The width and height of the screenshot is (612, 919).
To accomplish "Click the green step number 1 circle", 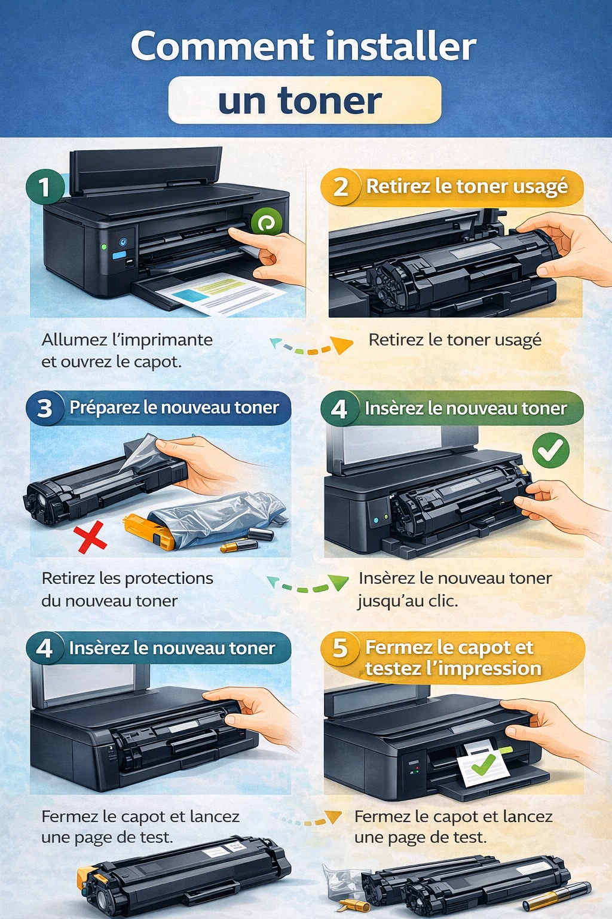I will pyautogui.click(x=44, y=187).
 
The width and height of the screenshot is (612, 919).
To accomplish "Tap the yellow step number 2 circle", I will pyautogui.click(x=341, y=187).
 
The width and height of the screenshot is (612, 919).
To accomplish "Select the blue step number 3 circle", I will pyautogui.click(x=45, y=409).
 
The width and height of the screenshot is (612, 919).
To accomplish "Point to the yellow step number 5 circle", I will pyautogui.click(x=340, y=649).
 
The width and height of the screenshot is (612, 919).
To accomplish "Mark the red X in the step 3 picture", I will pyautogui.click(x=91, y=537).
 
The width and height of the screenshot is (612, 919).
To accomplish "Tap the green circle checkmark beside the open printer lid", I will pyautogui.click(x=550, y=450).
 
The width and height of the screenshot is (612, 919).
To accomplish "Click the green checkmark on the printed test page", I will pyautogui.click(x=483, y=763).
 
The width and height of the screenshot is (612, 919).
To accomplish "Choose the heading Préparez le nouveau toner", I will pyautogui.click(x=174, y=408).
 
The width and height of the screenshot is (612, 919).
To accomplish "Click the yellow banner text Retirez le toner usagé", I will pyautogui.click(x=467, y=187).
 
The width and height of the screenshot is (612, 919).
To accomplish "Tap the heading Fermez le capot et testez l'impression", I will pyautogui.click(x=452, y=658).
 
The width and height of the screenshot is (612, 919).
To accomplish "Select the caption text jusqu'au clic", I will pyautogui.click(x=408, y=601).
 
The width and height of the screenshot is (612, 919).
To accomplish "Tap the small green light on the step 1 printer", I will pyautogui.click(x=104, y=247).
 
